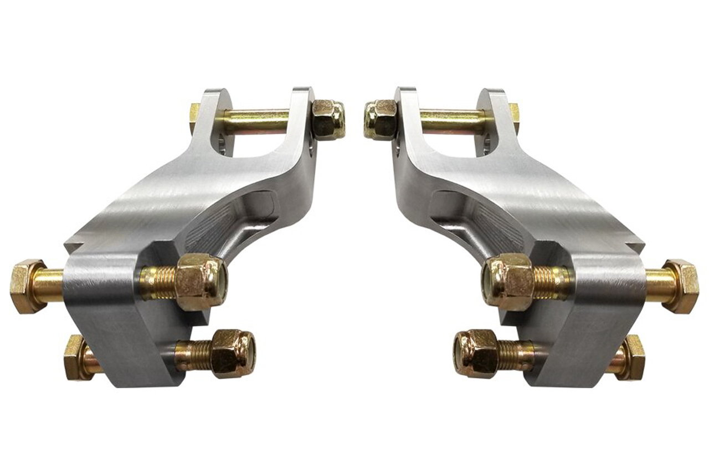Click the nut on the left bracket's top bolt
click(x=327, y=118)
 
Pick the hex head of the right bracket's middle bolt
click(x=680, y=286)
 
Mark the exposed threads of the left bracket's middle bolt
click(x=158, y=281)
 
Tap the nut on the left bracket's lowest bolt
click(x=233, y=353)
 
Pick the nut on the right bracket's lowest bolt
click(x=475, y=353)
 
